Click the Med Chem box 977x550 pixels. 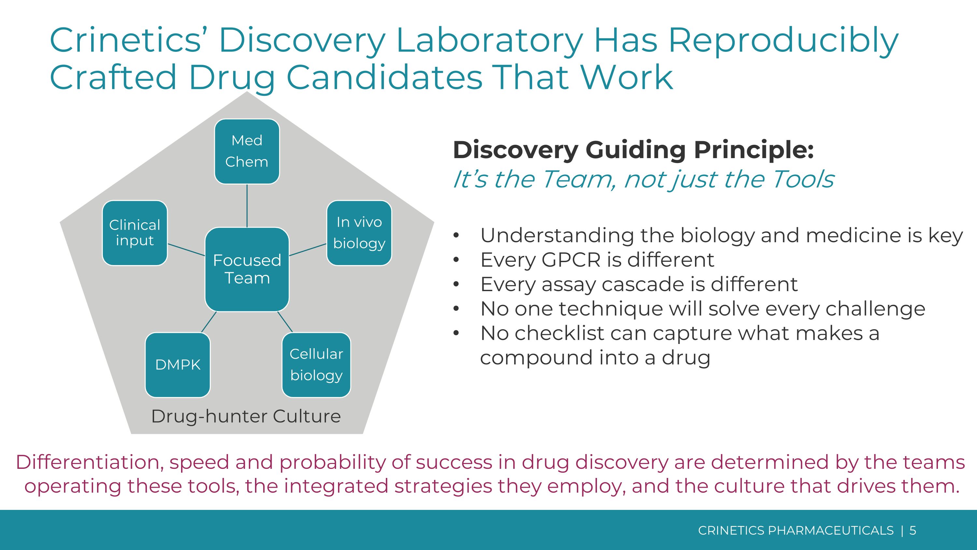247,152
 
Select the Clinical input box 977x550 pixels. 135,233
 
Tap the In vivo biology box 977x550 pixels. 359,233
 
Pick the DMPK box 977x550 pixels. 177,365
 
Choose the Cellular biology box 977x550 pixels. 316,365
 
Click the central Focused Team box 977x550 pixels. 247,269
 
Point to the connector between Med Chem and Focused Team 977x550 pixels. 247,205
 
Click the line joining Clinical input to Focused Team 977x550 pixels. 186,250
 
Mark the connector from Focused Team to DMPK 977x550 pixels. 209,322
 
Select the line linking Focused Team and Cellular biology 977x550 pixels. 285,322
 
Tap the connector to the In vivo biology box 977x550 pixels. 307,250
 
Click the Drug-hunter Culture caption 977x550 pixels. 246,416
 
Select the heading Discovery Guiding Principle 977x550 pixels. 633,150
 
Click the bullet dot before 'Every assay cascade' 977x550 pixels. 456,284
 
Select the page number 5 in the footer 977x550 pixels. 913,530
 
